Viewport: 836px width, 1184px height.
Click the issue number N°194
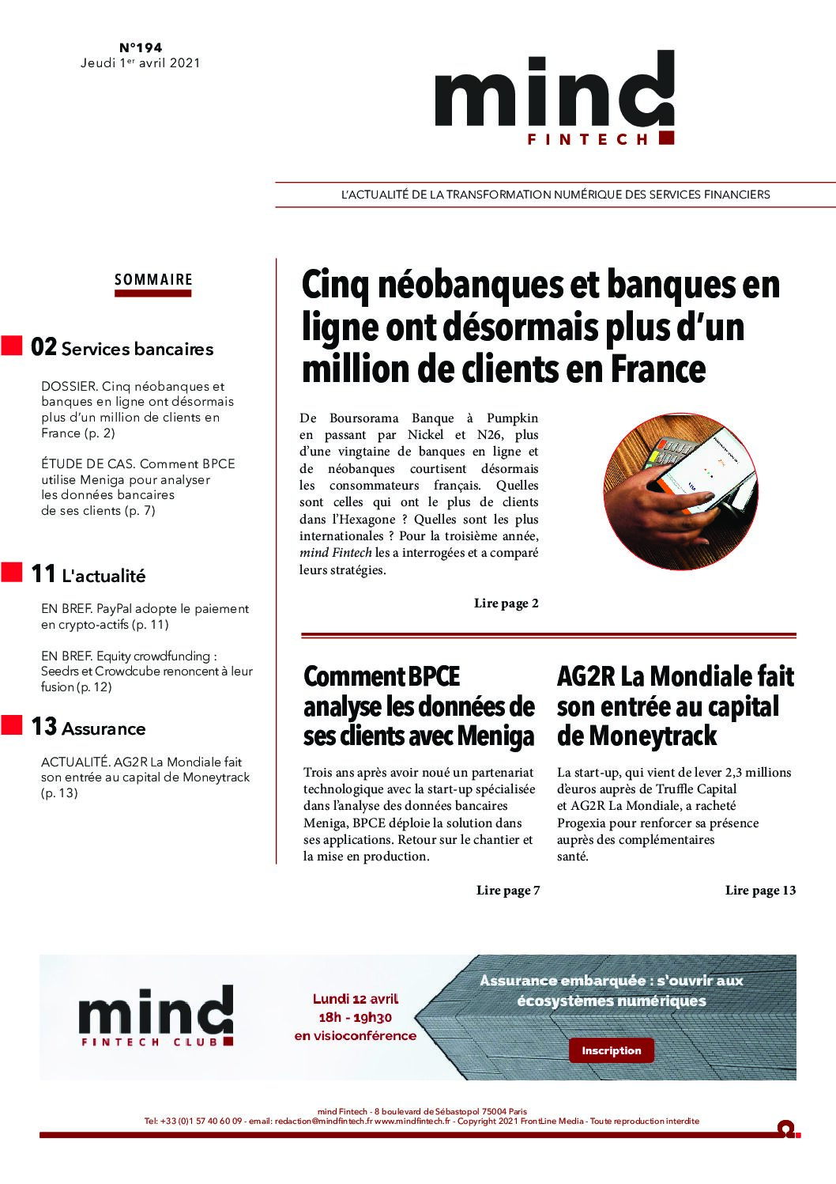pyautogui.click(x=141, y=47)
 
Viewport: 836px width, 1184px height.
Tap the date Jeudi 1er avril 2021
pyautogui.click(x=140, y=62)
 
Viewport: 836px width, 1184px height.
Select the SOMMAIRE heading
pyautogui.click(x=153, y=279)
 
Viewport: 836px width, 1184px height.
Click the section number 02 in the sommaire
pyautogui.click(x=43, y=347)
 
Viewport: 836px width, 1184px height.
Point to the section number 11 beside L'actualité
pyautogui.click(x=43, y=574)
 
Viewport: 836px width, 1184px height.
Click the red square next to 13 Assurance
pyautogui.click(x=12, y=724)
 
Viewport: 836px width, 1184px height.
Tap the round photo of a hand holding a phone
pyautogui.click(x=680, y=490)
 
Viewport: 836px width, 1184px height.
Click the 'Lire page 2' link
pyautogui.click(x=506, y=603)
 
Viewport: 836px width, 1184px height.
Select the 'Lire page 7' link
pyautogui.click(x=508, y=891)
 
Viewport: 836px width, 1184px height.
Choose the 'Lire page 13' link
pyautogui.click(x=760, y=891)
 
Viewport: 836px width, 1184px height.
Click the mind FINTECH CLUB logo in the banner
pyautogui.click(x=156, y=1016)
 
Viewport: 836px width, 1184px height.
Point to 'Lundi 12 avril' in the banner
pyautogui.click(x=356, y=999)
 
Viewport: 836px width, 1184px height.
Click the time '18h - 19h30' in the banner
pyautogui.click(x=356, y=1017)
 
